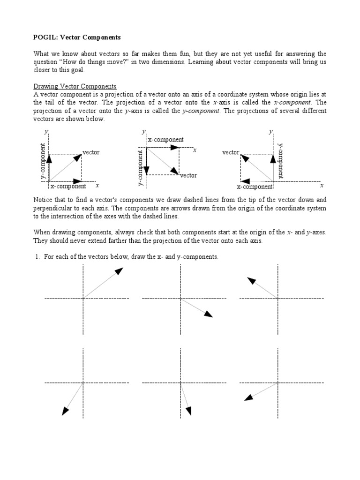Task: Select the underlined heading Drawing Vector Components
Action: [x=75, y=86]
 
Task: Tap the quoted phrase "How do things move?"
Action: [x=93, y=61]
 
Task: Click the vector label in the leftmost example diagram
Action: [x=91, y=153]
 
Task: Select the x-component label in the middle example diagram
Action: [x=165, y=140]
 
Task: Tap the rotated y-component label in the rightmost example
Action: [x=280, y=161]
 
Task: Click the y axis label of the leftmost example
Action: [x=45, y=132]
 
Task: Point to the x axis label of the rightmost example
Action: [x=322, y=186]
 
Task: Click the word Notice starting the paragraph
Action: [x=43, y=200]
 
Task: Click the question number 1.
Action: [x=36, y=257]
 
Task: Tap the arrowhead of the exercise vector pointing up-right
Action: [x=119, y=271]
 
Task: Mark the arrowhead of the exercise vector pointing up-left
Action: [x=251, y=280]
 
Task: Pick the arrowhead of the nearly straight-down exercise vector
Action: [x=188, y=411]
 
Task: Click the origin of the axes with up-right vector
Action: [x=83, y=298]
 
